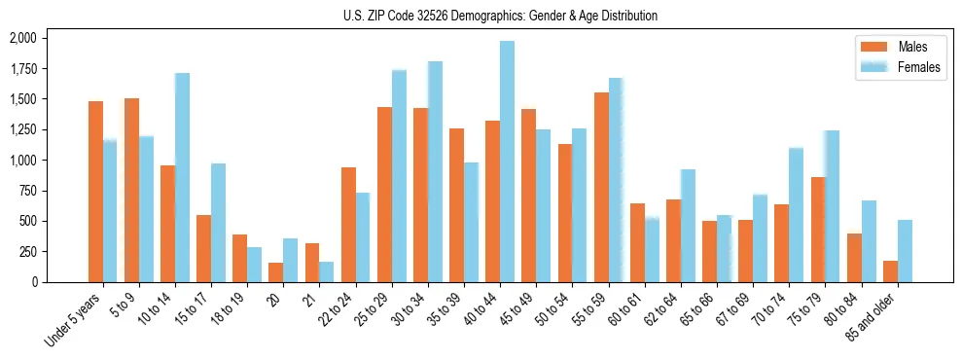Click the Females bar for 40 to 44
click(x=507, y=162)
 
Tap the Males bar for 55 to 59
click(x=601, y=187)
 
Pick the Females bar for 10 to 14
click(x=182, y=177)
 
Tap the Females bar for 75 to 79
click(x=832, y=206)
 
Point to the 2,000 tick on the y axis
click(x=22, y=38)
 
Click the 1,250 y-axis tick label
click(x=22, y=129)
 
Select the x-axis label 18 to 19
click(x=226, y=310)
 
